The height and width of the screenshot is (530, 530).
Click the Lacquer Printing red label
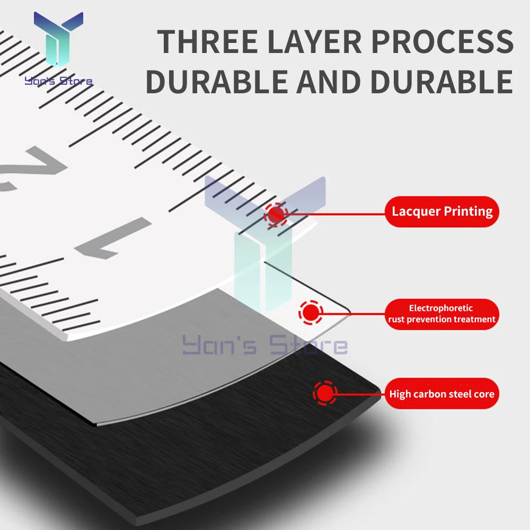(442, 211)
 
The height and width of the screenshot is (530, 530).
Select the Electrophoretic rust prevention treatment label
(441, 314)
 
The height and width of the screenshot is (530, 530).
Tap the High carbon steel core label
(441, 394)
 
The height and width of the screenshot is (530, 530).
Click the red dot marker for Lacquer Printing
(276, 215)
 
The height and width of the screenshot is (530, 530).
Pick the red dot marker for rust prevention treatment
(311, 313)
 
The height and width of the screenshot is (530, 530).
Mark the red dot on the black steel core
(324, 393)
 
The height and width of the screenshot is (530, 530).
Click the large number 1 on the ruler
(114, 238)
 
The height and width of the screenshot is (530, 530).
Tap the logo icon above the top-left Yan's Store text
(58, 40)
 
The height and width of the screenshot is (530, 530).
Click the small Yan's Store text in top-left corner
(58, 81)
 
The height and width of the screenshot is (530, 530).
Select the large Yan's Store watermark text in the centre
(265, 346)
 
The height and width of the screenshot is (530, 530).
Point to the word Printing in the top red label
(468, 211)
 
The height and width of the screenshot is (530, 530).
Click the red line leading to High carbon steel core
(360, 393)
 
